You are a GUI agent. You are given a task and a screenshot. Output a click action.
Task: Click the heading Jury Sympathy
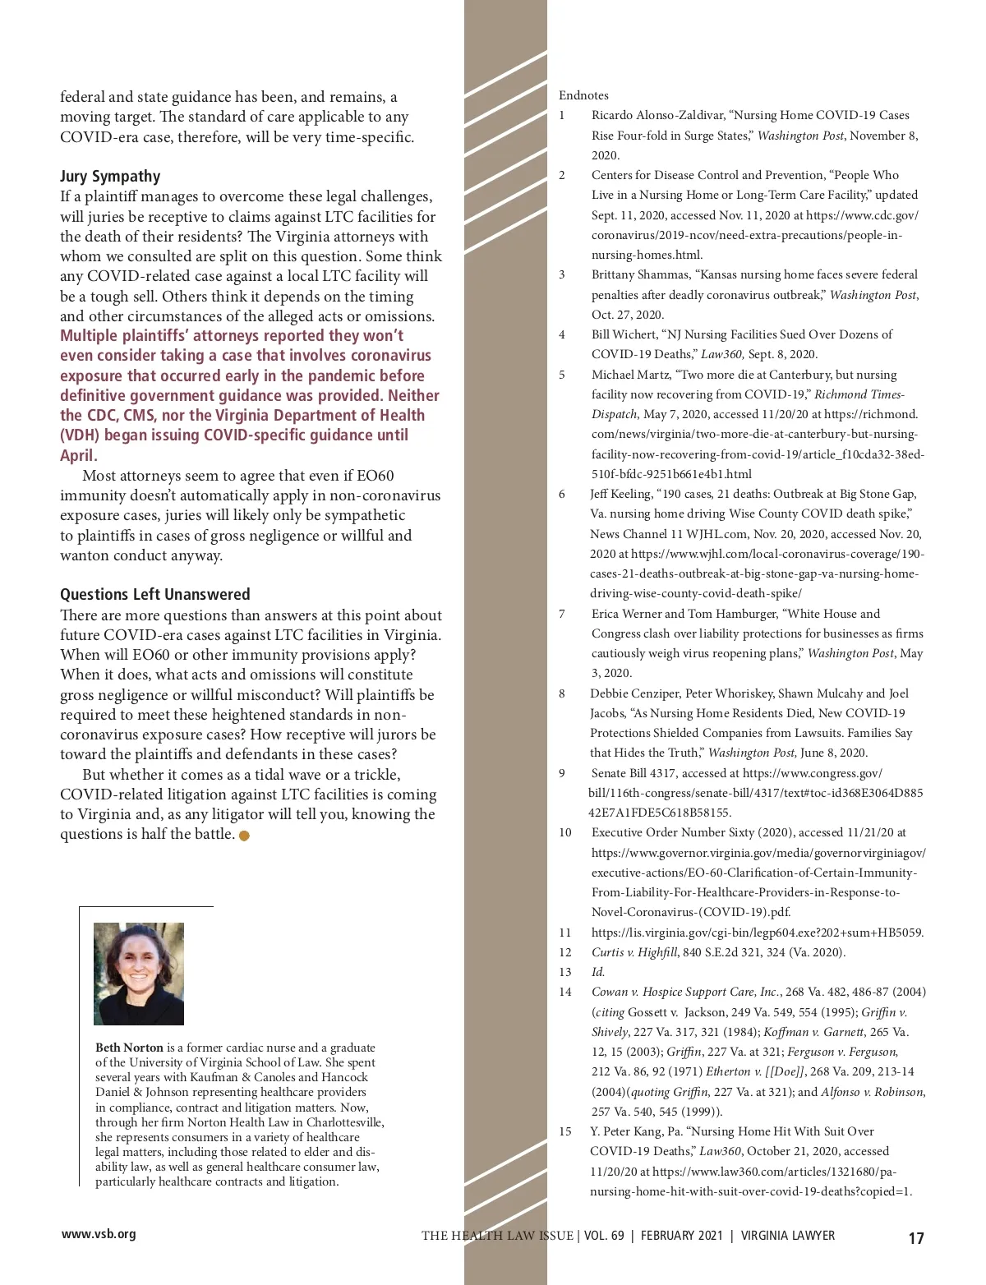coord(110,177)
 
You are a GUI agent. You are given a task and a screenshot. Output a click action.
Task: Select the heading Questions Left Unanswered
coord(154,595)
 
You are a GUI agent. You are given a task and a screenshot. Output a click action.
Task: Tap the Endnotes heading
coord(583,95)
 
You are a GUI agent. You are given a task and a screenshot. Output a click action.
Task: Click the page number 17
coord(916,1238)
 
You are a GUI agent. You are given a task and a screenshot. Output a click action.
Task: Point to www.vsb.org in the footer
coord(99,1234)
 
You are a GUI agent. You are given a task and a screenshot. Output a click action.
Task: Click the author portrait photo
coord(139,974)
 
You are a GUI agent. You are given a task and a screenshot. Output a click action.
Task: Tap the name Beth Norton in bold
coord(129,1048)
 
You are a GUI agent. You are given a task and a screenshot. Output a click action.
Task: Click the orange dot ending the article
coord(244,836)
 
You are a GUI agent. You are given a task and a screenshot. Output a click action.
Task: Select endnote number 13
coord(565,972)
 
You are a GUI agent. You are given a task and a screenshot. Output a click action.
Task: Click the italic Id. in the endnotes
coord(597,972)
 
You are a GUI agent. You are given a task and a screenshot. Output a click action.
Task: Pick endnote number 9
coord(562,773)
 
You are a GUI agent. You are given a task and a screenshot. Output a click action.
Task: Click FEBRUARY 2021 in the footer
coord(682,1236)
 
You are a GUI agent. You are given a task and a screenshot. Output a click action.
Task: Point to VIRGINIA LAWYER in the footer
coord(788,1236)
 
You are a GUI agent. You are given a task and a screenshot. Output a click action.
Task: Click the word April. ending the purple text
coord(79,455)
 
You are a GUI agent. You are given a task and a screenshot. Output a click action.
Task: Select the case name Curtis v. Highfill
coord(634,952)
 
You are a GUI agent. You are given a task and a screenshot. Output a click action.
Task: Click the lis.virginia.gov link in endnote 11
coord(757,933)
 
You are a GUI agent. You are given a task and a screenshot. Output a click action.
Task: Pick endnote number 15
coord(565,1131)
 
